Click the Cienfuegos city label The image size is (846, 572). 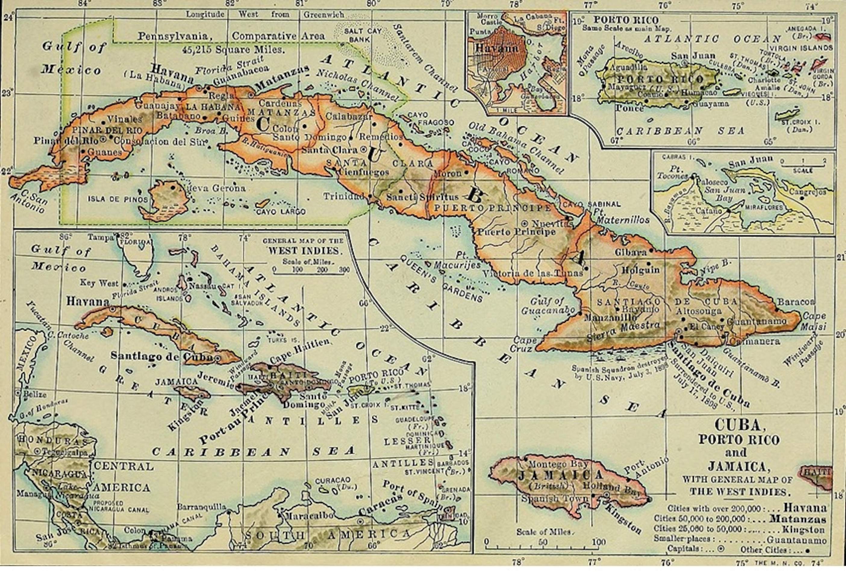pos(363,173)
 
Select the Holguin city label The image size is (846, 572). pos(640,270)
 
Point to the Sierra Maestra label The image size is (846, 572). pos(623,331)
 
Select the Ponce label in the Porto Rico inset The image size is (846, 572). pos(629,108)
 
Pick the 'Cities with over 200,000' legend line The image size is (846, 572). pos(746,508)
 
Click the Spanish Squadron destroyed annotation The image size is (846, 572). pos(619,372)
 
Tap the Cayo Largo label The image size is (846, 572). pos(281,212)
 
